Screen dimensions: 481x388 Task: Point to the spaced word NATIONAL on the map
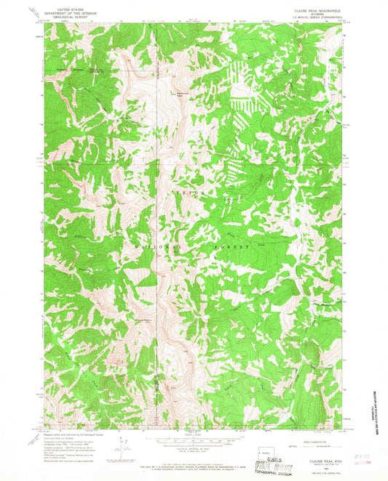[157, 247]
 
